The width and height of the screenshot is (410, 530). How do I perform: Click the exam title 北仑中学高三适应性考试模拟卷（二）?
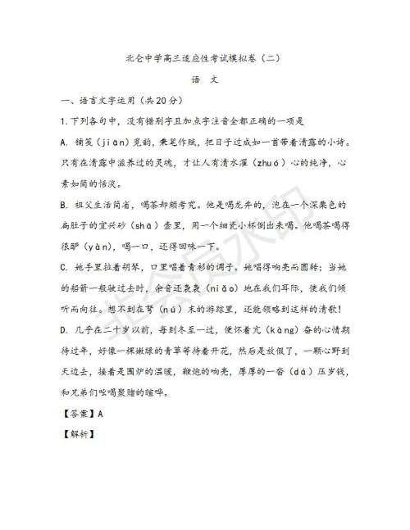204,59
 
